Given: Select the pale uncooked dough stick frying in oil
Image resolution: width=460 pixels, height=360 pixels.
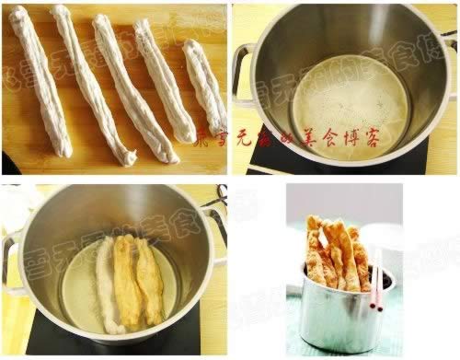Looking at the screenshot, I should click(106, 285).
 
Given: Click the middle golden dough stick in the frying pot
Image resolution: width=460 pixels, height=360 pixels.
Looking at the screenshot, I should click(128, 281).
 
